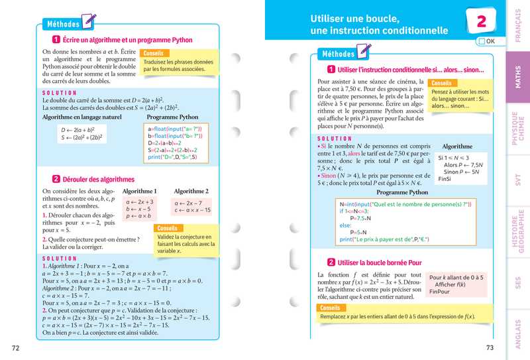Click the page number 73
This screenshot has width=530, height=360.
(490, 347)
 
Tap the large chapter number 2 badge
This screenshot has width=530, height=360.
(482, 21)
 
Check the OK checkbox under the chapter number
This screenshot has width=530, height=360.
(480, 41)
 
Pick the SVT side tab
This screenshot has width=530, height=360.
(518, 182)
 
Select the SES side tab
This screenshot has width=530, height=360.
(518, 282)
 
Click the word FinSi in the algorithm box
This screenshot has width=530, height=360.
(445, 178)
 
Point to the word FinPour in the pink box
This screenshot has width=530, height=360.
(439, 292)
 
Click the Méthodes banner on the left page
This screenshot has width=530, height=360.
(64, 25)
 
